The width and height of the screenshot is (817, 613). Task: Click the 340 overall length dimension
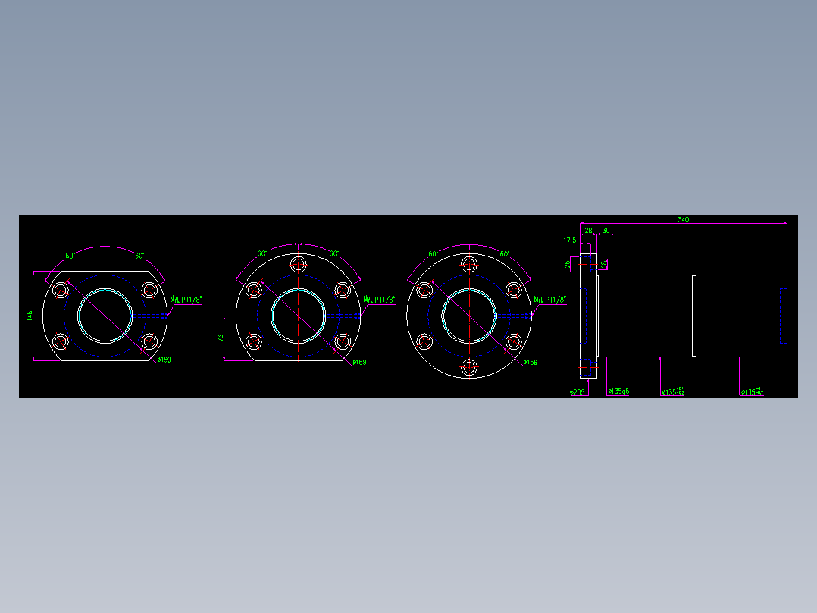point(683,219)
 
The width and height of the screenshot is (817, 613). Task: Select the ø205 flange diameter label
point(578,392)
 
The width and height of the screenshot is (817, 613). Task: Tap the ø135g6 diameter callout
point(618,391)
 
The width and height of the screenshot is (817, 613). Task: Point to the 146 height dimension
point(30,314)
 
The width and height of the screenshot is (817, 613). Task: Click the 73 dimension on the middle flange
point(221,338)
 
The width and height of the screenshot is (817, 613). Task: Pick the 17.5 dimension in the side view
point(569,240)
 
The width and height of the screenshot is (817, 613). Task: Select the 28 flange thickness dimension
point(588,230)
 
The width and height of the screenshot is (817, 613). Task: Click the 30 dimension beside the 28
point(606,230)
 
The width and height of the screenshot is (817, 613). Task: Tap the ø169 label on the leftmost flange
point(164,360)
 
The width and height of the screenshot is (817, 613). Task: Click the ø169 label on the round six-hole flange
point(531,362)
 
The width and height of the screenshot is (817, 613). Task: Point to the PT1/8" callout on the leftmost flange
point(186,300)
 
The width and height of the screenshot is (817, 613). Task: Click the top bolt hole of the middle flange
point(298,264)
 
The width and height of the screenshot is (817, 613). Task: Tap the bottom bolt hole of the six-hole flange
point(469,368)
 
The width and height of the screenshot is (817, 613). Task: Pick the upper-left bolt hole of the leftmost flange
point(61,290)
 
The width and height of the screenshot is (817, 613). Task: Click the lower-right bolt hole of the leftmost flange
point(149,341)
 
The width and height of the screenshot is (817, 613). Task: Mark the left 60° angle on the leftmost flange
point(69,256)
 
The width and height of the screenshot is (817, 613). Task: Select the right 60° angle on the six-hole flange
point(505,254)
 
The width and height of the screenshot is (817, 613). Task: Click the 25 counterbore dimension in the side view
point(568,264)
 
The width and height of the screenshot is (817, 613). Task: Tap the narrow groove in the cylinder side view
point(693,316)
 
